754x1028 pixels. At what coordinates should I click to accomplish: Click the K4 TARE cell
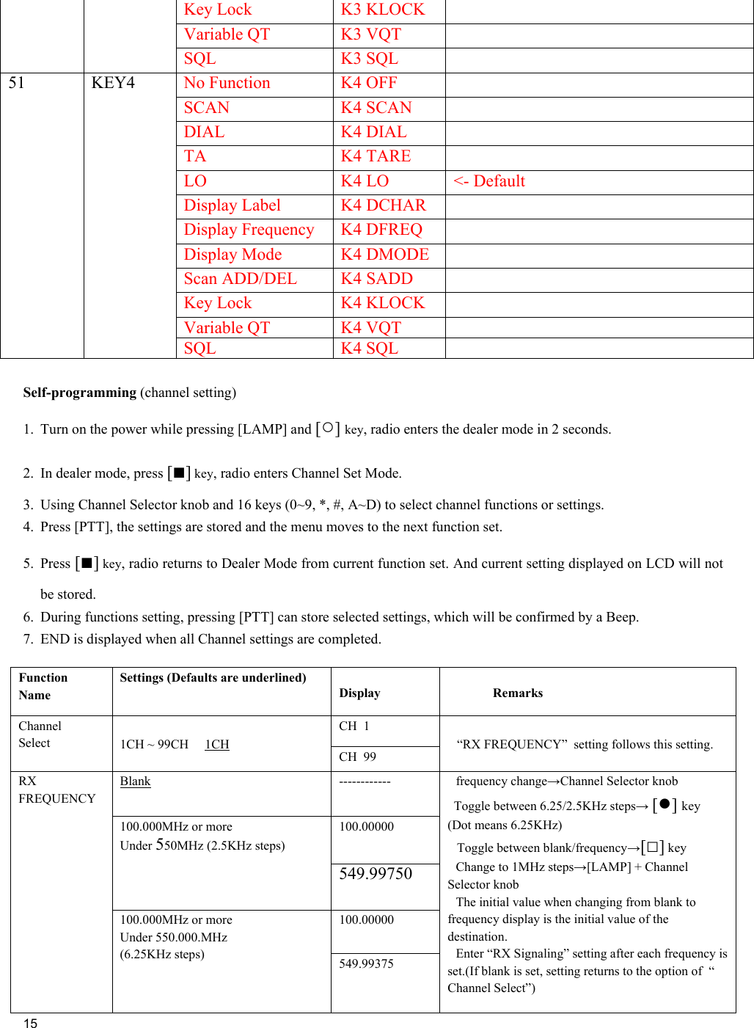point(376,156)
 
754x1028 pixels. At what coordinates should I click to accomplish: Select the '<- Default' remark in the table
point(489,181)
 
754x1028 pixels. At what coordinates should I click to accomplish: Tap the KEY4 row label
point(113,83)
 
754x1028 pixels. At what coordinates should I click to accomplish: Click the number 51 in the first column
point(16,83)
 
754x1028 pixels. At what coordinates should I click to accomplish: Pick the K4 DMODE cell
point(384,255)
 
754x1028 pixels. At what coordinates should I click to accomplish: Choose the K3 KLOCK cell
point(382,10)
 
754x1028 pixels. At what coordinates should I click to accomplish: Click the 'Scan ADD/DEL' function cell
point(240,279)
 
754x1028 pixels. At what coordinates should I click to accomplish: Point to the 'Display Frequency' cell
point(249,230)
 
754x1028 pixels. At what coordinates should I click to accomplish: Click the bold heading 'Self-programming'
point(79,393)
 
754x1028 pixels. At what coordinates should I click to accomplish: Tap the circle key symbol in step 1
point(328,428)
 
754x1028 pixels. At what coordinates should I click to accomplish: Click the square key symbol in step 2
point(179,472)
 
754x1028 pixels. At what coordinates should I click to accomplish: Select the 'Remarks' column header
point(518,693)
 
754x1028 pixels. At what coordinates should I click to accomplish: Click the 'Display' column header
point(359,693)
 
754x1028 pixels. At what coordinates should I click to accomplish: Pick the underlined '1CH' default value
point(217,744)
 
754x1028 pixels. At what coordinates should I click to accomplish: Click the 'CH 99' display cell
point(357,757)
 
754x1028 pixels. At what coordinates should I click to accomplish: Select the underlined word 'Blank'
point(135,781)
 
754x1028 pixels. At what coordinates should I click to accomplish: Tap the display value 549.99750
point(376,873)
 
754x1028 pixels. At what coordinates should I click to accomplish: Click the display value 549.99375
point(366,963)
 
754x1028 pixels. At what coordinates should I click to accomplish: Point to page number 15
point(30,1023)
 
